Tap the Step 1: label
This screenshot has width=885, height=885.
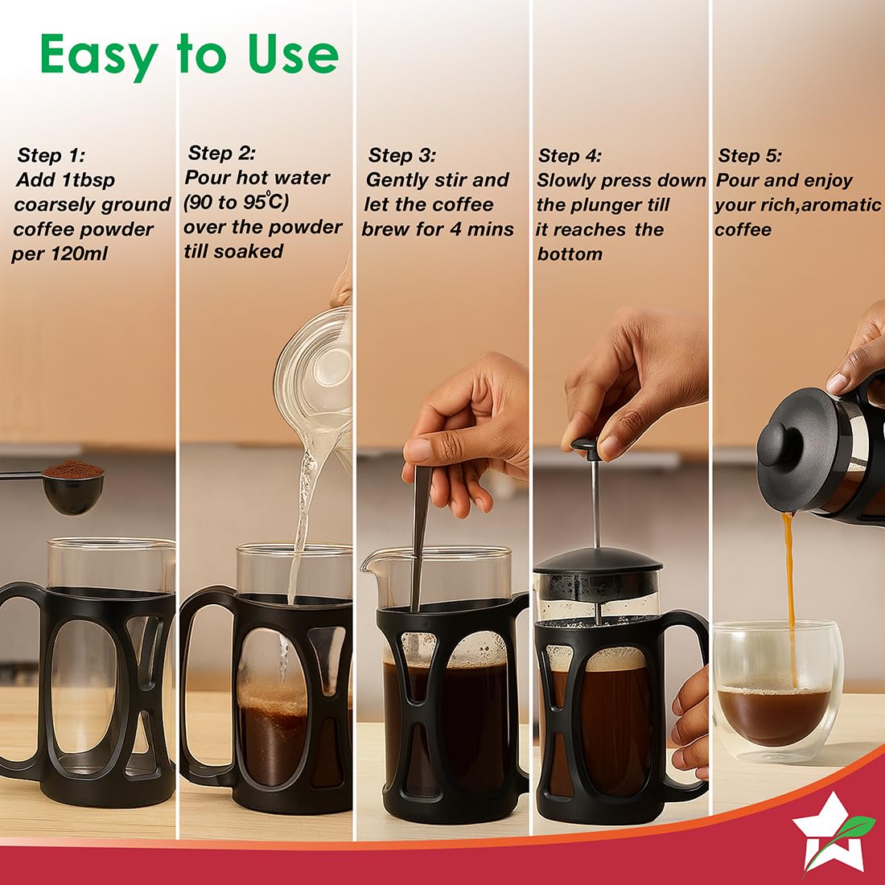(51, 155)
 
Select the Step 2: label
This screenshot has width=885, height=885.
(222, 153)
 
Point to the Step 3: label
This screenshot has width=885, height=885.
(402, 155)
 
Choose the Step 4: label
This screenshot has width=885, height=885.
(570, 155)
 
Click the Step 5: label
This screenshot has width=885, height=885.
(750, 155)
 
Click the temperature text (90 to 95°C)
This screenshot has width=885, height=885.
(236, 202)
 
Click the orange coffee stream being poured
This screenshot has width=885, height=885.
(790, 599)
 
